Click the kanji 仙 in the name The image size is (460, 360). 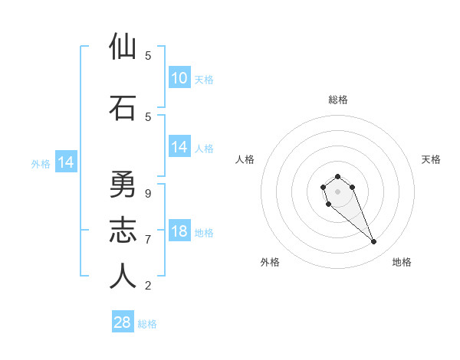click(123, 47)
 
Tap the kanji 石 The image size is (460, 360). click(123, 109)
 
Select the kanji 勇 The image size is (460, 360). click(123, 185)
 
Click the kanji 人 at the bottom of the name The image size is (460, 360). click(123, 277)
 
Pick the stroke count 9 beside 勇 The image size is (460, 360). click(148, 193)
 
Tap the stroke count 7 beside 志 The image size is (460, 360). click(148, 239)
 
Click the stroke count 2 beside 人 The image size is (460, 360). click(148, 286)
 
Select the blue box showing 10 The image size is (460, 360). click(179, 78)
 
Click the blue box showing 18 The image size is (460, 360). click(179, 231)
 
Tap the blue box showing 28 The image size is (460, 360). click(123, 322)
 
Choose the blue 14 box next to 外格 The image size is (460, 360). click(65, 162)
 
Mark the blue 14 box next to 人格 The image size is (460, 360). click(179, 147)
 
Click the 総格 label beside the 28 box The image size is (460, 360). click(147, 324)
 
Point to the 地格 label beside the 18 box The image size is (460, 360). click(205, 232)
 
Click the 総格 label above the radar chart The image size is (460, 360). click(337, 100)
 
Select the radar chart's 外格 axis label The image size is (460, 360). click(270, 262)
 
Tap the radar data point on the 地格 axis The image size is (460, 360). click(374, 242)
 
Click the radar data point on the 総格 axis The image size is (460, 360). click(337, 176)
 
